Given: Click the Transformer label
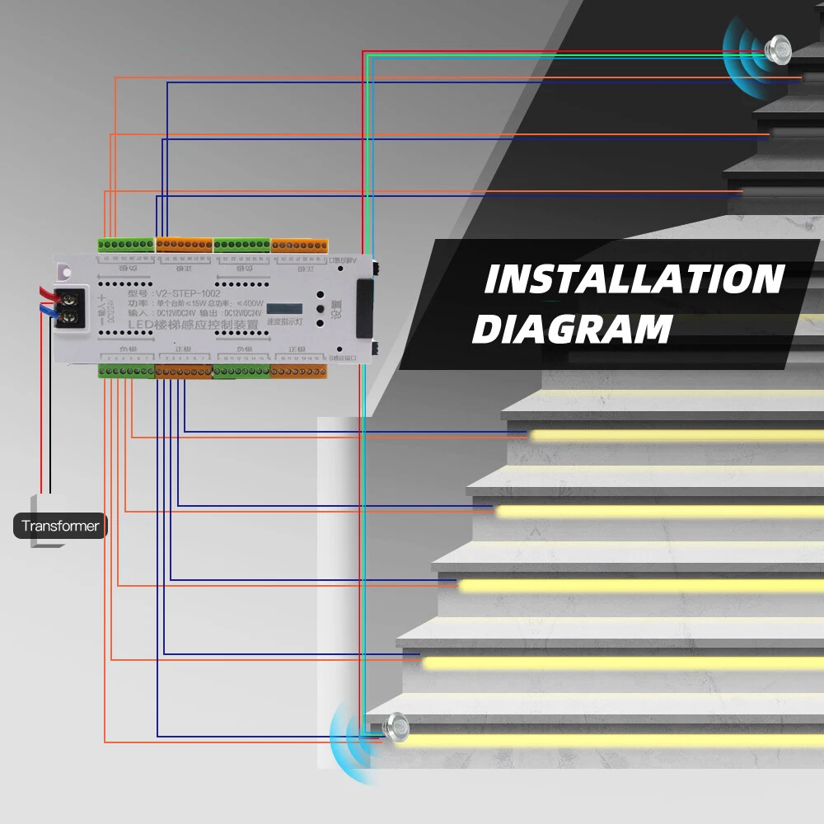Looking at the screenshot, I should [x=60, y=526].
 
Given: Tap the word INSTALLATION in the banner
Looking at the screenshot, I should [x=633, y=280].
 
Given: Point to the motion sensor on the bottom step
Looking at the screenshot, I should [x=397, y=726].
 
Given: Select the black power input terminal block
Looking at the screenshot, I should [x=71, y=307].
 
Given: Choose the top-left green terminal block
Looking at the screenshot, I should [x=125, y=245].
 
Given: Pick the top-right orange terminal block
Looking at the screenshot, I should [x=299, y=246].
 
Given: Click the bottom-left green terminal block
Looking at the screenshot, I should [x=126, y=372].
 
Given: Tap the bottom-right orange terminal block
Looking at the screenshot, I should [x=298, y=372].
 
